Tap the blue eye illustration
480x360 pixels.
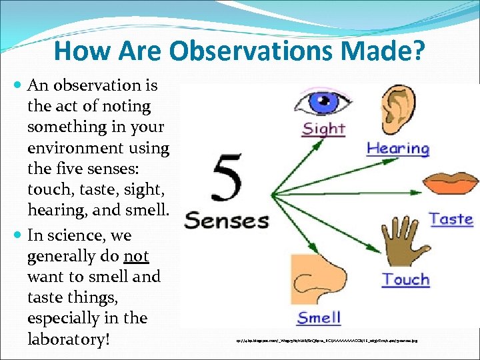coord(323,104)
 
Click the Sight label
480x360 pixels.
coord(324,128)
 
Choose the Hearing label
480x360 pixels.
coord(398,148)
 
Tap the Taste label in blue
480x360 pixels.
coord(451,219)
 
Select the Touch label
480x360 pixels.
coord(405,279)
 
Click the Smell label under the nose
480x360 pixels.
coord(319,317)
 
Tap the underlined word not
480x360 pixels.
coord(135,256)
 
